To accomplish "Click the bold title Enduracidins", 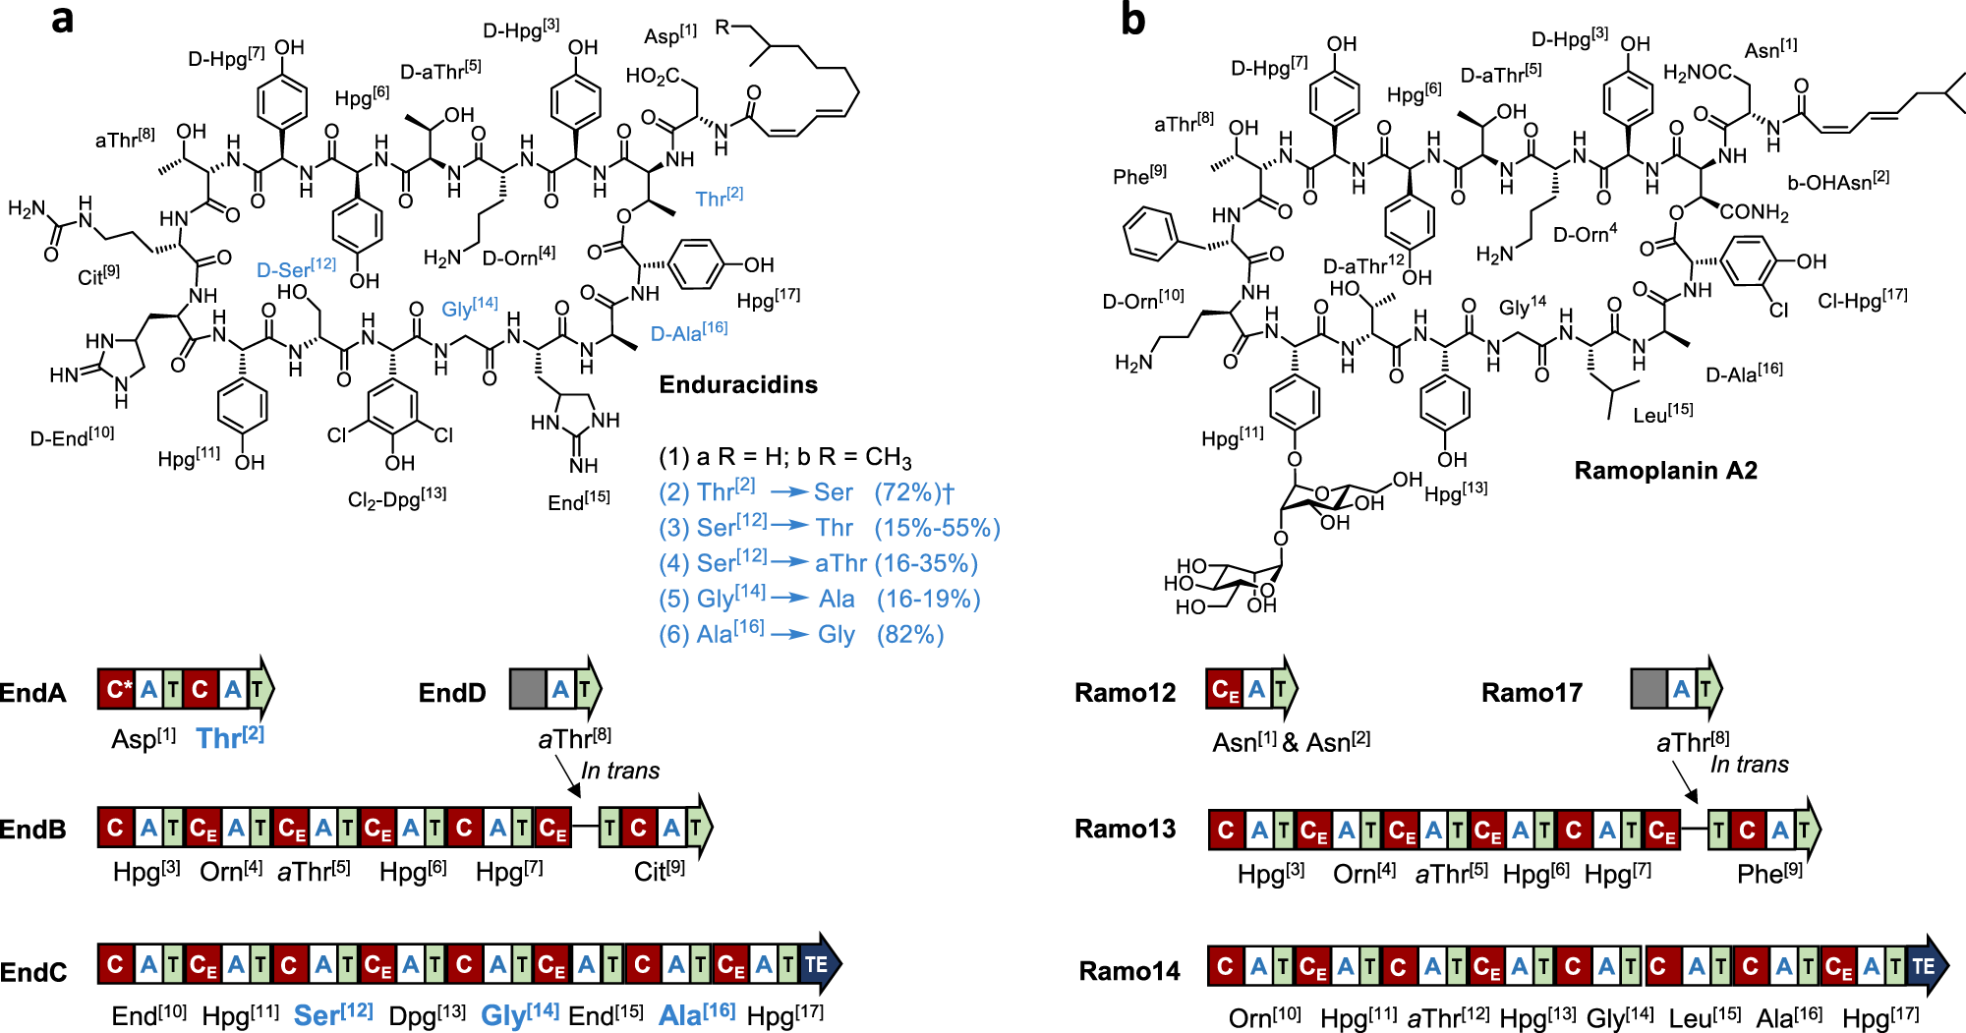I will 737,384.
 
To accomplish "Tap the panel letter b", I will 1132,20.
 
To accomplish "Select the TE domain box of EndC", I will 817,964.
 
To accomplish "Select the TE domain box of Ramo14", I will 1924,966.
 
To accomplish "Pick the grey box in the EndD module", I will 527,689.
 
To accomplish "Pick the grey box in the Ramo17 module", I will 1648,689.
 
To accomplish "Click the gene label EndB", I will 32,830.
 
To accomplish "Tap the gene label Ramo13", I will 1125,829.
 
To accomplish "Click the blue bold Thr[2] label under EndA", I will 230,737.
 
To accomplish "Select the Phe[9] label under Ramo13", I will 1769,873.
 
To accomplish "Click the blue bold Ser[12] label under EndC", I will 333,1014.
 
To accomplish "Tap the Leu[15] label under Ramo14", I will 1705,1017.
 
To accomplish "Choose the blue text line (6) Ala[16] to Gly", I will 801,634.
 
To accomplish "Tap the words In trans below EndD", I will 620,771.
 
